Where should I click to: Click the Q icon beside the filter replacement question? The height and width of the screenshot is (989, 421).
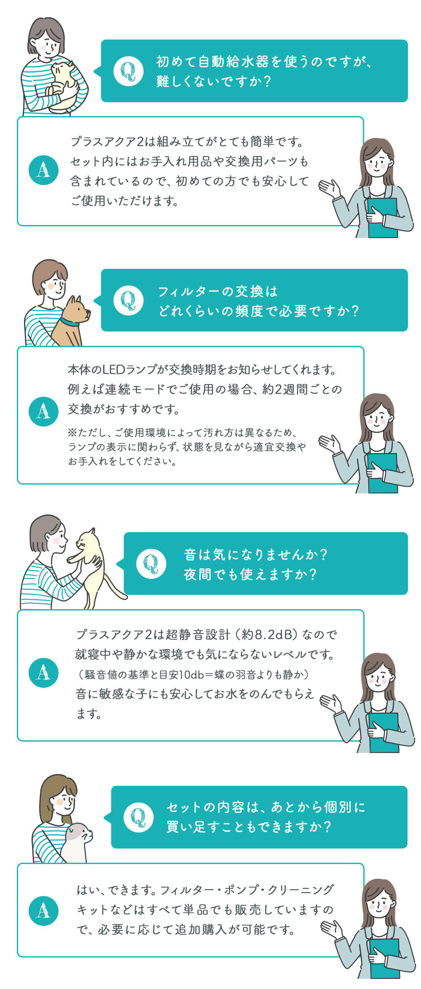tap(128, 300)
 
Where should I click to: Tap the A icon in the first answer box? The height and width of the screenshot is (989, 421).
tap(44, 170)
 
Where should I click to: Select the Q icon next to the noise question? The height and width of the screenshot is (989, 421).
tap(151, 564)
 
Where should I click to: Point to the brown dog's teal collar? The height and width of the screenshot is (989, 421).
tap(69, 323)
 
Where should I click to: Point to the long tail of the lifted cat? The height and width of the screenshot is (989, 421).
tap(115, 587)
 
